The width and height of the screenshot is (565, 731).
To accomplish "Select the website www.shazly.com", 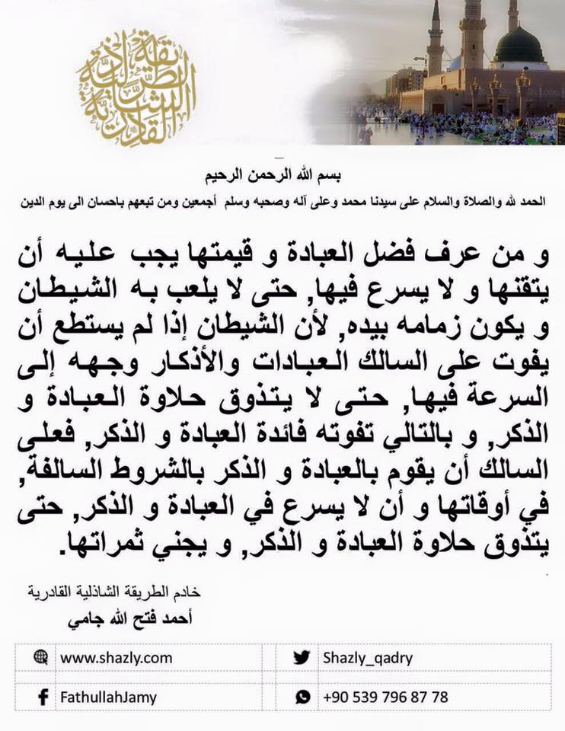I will point(116,657).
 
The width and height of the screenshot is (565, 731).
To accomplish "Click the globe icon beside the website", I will point(40,657).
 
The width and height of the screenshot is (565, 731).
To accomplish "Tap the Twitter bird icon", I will point(302,657).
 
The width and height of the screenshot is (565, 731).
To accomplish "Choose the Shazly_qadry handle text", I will point(368,657).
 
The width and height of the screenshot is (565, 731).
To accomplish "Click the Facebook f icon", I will point(42,697).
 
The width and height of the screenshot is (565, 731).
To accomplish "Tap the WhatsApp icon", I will point(303,697).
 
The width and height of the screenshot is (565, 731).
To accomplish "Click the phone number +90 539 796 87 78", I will point(385,697).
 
